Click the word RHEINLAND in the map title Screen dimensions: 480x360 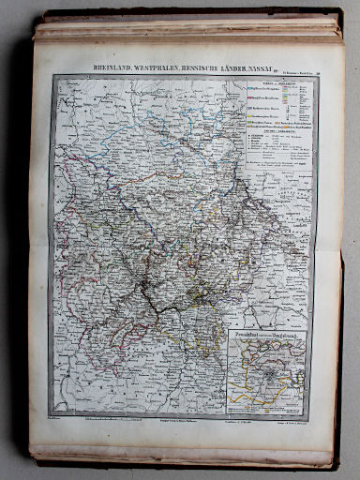(x=115, y=67)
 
